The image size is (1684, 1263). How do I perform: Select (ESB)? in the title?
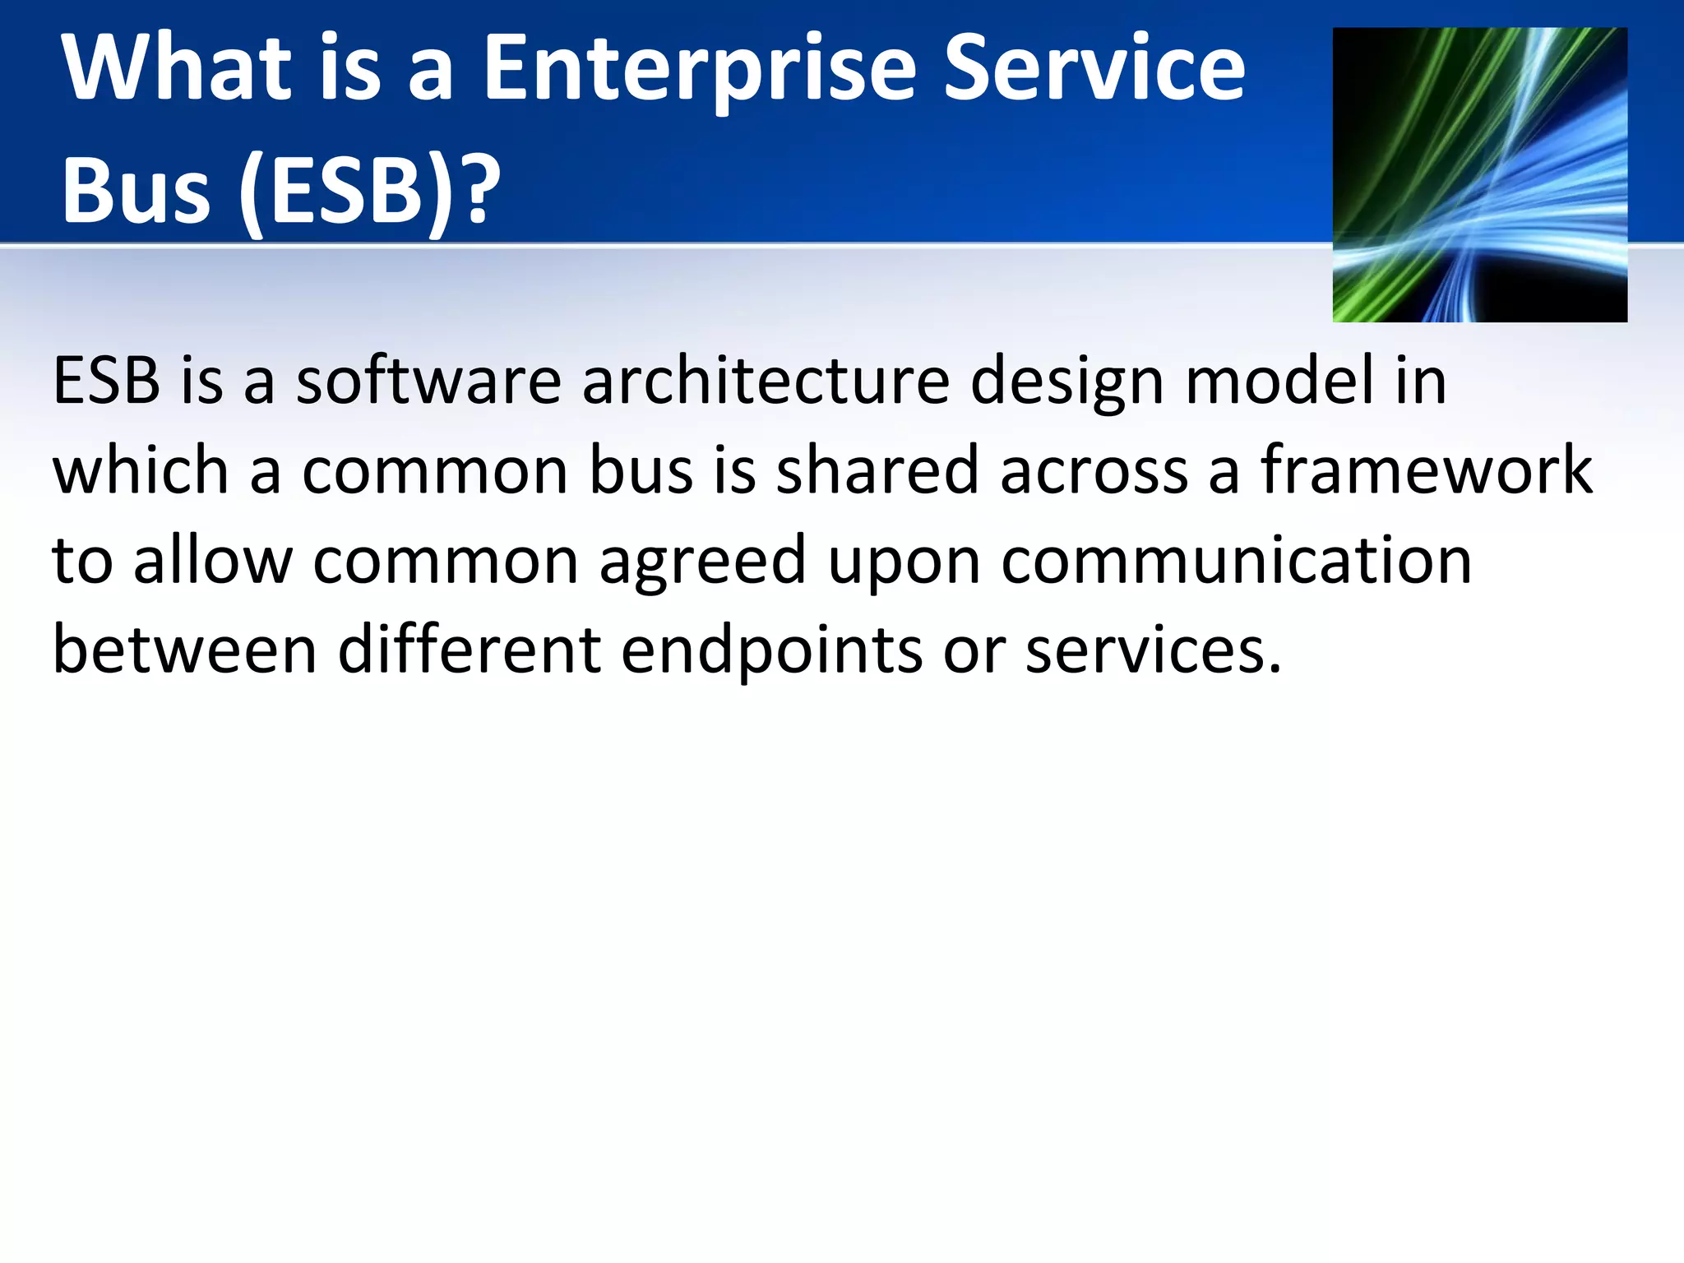click(x=370, y=191)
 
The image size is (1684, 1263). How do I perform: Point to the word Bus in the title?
click(x=136, y=191)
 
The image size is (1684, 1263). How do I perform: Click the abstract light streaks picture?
click(x=1479, y=174)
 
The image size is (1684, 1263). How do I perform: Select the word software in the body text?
click(x=428, y=382)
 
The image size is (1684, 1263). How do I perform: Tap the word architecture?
click(x=765, y=382)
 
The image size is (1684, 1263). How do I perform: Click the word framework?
click(x=1426, y=470)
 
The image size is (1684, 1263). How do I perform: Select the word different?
click(x=469, y=651)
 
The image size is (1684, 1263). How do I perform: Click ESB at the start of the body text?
click(x=106, y=382)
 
